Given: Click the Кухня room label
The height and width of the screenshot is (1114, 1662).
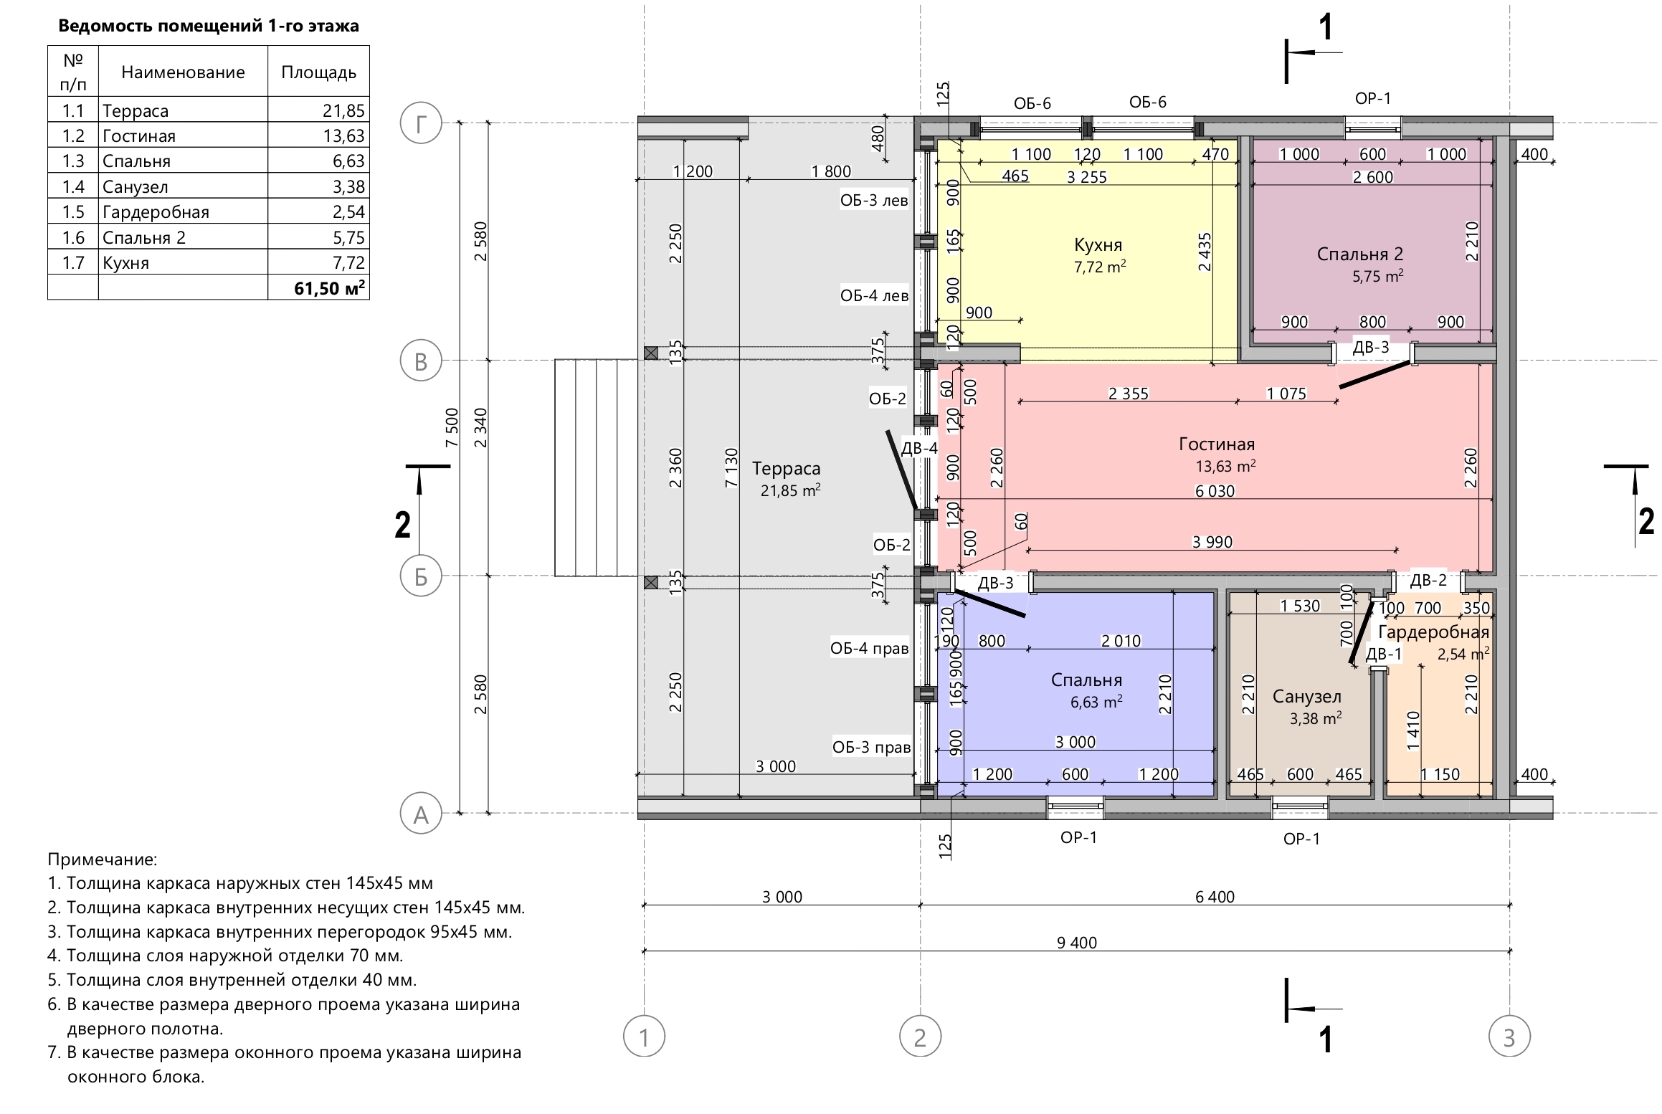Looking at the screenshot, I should pyautogui.click(x=1097, y=245).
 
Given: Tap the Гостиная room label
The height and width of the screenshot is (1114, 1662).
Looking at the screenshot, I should pyautogui.click(x=1217, y=444).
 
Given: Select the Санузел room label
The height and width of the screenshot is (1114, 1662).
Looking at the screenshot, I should pyautogui.click(x=1306, y=696).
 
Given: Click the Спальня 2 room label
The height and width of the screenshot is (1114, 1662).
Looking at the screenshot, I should pyautogui.click(x=1359, y=254).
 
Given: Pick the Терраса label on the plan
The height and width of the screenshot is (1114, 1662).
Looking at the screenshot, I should pyautogui.click(x=786, y=469).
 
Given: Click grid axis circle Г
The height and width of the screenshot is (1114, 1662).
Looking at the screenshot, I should pyautogui.click(x=421, y=123).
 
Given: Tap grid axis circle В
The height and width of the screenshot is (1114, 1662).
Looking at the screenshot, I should pyautogui.click(x=421, y=361).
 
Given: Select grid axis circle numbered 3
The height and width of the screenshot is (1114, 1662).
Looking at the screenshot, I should pyautogui.click(x=1509, y=1037).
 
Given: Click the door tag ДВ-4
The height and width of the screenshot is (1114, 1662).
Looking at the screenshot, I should pyautogui.click(x=919, y=449).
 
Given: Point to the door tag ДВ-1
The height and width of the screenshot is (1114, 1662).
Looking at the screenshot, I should pyautogui.click(x=1383, y=654).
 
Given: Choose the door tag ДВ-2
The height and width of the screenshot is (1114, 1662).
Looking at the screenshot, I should pyautogui.click(x=1428, y=580).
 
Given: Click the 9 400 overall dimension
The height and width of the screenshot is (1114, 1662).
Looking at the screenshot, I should pyautogui.click(x=1076, y=943).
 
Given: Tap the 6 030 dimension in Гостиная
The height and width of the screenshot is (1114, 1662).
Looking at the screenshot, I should pyautogui.click(x=1215, y=492).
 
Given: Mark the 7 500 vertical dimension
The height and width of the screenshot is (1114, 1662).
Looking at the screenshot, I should pyautogui.click(x=452, y=428).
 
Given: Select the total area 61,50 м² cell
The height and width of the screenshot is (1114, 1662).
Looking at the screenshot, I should pyautogui.click(x=329, y=288).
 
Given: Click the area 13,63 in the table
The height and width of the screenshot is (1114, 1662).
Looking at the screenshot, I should pyautogui.click(x=343, y=135).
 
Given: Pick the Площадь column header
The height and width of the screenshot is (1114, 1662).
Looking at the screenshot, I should pyautogui.click(x=318, y=72).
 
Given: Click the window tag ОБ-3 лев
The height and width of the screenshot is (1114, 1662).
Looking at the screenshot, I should pyautogui.click(x=874, y=200).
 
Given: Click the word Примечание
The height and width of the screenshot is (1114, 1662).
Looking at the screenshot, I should pyautogui.click(x=102, y=859).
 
